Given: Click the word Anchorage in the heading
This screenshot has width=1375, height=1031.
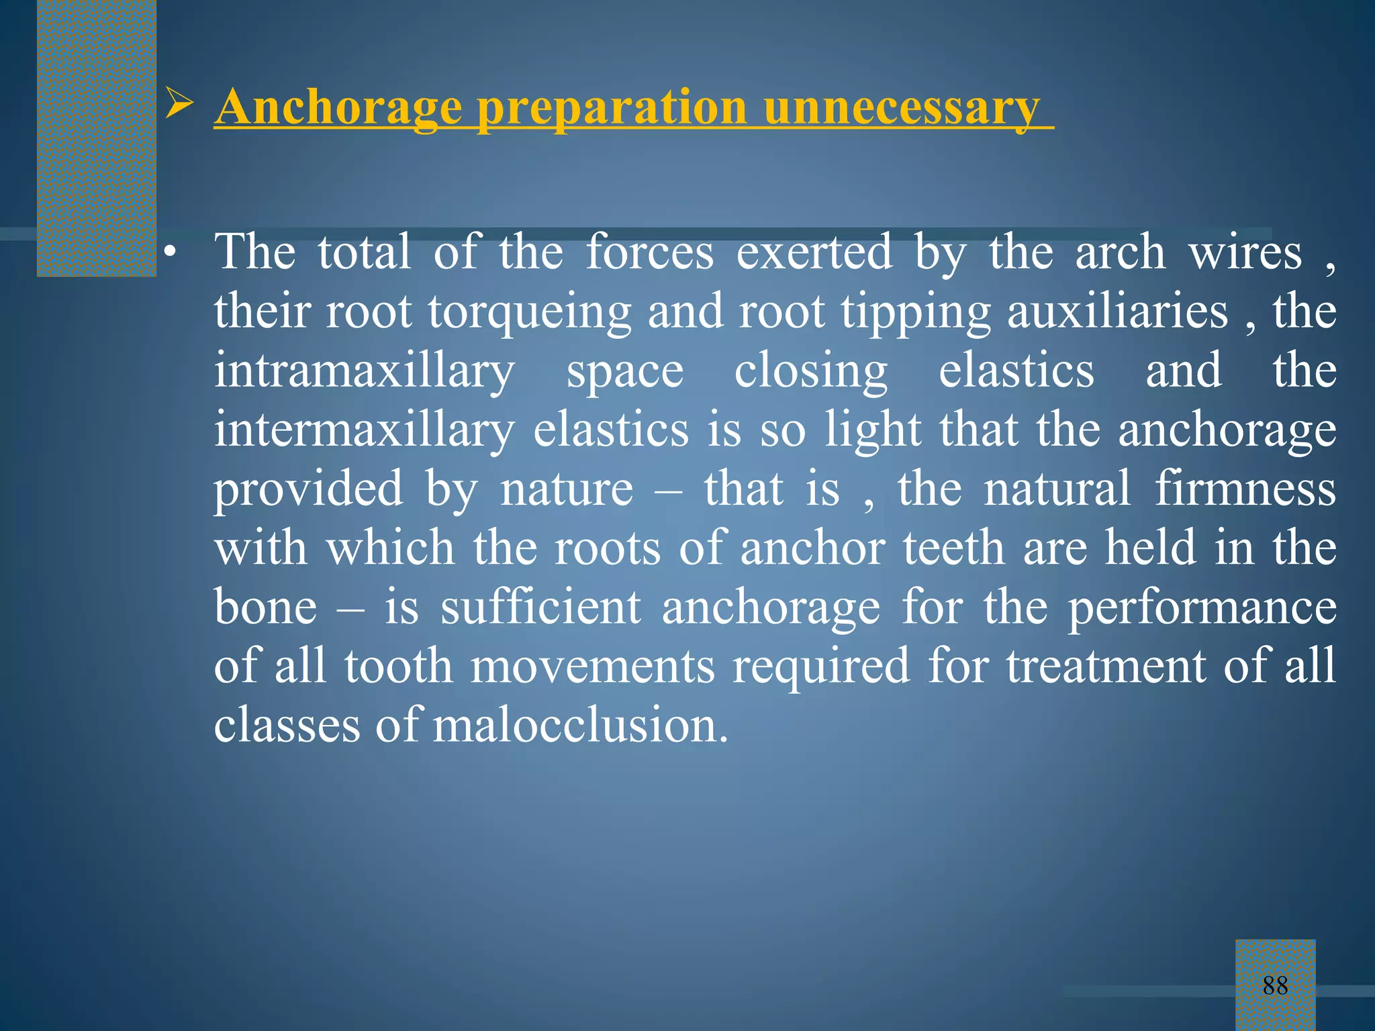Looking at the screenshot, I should pyautogui.click(x=338, y=107).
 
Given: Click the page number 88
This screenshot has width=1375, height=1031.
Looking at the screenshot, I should pyautogui.click(x=1275, y=985).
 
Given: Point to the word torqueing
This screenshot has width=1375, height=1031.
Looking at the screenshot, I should pyautogui.click(x=530, y=313).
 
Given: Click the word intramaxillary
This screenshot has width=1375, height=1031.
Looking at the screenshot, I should pyautogui.click(x=364, y=372).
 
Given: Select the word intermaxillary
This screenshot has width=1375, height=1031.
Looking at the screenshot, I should pyautogui.click(x=364, y=430).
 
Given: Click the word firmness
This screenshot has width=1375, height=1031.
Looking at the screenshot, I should pyautogui.click(x=1245, y=489).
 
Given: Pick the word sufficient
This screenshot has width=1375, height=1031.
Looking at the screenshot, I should pyautogui.click(x=540, y=607).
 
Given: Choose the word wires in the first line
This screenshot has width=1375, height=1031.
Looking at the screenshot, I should pyautogui.click(x=1245, y=254).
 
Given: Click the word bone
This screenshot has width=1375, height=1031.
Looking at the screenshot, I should pyautogui.click(x=265, y=607).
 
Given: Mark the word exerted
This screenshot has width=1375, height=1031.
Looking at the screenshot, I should pyautogui.click(x=814, y=254).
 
